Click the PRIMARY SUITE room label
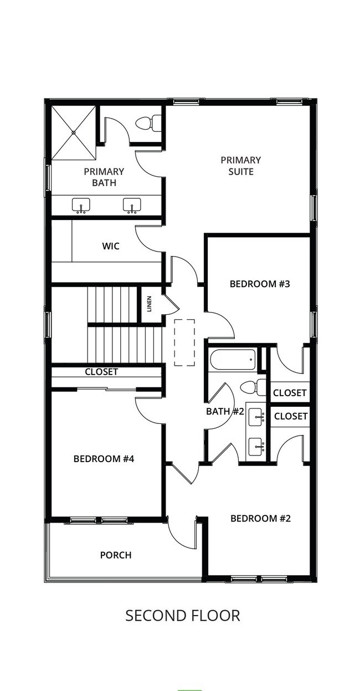pos(240,166)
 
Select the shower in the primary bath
pos(74,134)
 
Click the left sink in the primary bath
pos(81,206)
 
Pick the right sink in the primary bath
pos(132,206)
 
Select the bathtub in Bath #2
pos(233,360)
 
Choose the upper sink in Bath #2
pos(256,416)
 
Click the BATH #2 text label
pos(225,411)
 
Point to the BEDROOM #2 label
pos(260,518)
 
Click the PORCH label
pos(116,555)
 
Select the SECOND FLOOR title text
pos(183,615)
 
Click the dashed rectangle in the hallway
pos(184,342)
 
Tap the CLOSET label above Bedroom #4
pos(101,372)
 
